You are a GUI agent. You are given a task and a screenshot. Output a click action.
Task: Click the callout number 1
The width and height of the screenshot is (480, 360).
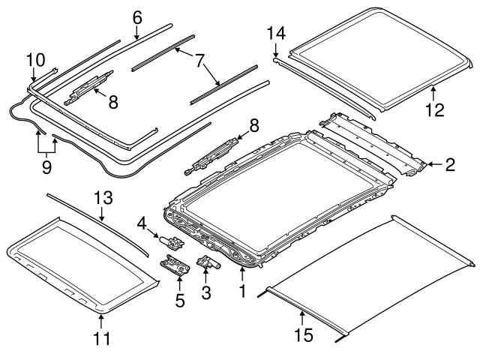pos(241,289)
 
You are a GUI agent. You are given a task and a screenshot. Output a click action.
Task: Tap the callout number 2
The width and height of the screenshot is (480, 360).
pos(450,164)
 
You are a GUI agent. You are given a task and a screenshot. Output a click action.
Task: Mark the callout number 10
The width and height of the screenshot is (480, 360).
pos(36,58)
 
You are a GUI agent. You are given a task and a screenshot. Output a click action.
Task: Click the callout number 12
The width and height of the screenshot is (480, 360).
pos(434,110)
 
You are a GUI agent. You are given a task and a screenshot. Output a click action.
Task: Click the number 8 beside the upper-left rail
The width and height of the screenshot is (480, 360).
pos(113,101)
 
